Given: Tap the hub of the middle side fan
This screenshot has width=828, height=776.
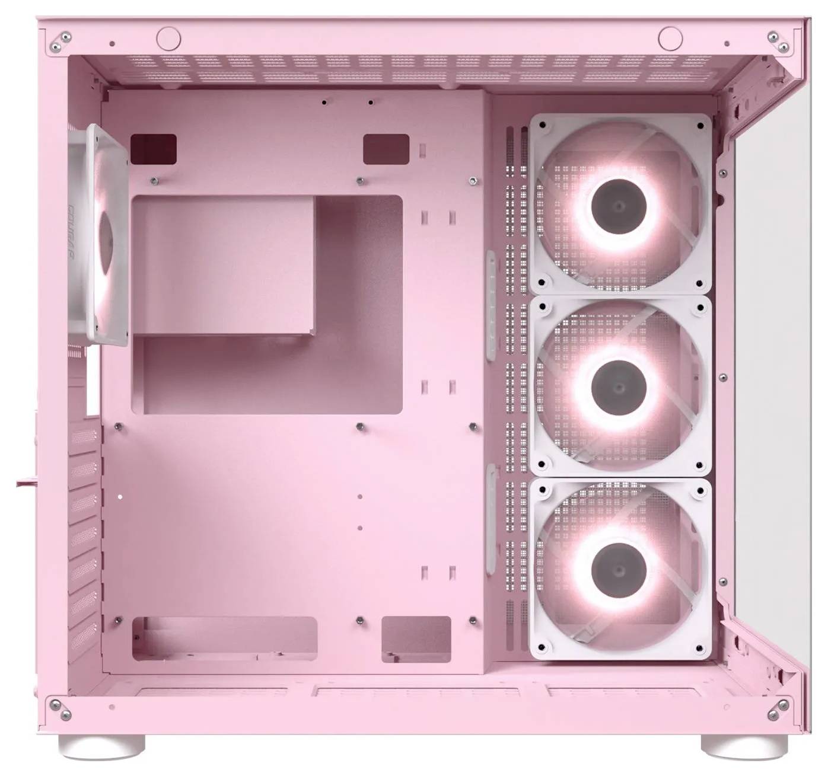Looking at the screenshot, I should (619, 387).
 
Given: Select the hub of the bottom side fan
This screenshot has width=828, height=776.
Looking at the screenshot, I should (619, 569).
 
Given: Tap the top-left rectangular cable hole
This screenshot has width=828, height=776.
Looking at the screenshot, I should (154, 149).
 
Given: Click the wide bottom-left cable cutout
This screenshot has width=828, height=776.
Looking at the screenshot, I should (225, 638).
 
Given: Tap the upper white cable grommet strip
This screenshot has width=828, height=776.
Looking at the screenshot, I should (491, 305).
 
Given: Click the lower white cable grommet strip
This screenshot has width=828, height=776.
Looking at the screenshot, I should (491, 520).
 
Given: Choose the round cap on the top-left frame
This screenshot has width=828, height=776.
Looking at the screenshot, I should (168, 37).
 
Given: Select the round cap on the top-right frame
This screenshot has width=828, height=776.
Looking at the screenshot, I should (670, 37).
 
